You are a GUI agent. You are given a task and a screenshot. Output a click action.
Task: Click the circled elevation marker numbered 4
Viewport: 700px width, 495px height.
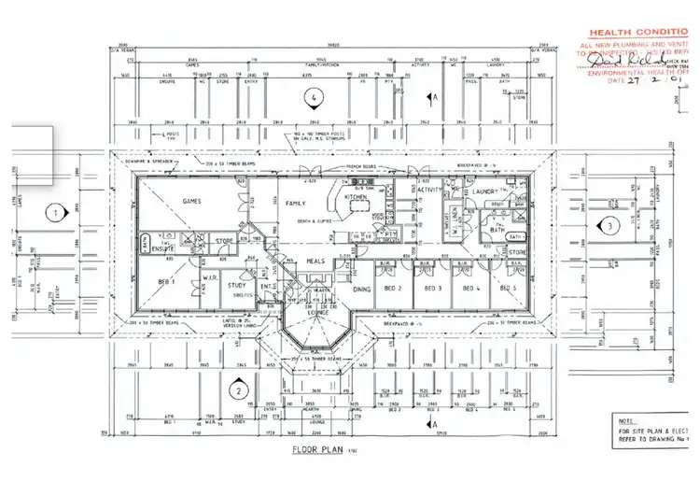coord(316,96)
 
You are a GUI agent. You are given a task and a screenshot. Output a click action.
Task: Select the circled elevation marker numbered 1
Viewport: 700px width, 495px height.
coord(54,213)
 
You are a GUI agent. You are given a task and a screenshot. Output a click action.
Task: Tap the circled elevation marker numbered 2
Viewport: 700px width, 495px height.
coord(240,391)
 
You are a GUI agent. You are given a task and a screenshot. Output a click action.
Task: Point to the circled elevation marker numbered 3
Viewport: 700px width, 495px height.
coord(608,225)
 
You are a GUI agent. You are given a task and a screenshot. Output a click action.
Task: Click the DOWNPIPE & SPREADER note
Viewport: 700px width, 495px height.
coord(148,160)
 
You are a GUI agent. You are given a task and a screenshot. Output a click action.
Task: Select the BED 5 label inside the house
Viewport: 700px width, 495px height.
coord(507,288)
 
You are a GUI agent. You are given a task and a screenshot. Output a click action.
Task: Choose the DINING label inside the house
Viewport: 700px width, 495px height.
coord(363,289)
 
